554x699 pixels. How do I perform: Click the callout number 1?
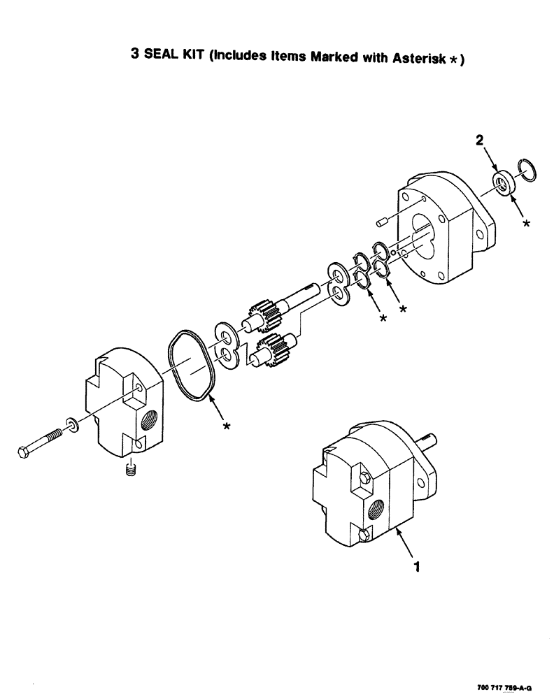(x=416, y=568)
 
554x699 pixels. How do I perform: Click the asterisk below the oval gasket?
(x=227, y=426)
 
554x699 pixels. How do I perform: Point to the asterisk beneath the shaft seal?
(x=526, y=224)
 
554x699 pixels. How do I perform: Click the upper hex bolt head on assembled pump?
(x=366, y=480)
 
